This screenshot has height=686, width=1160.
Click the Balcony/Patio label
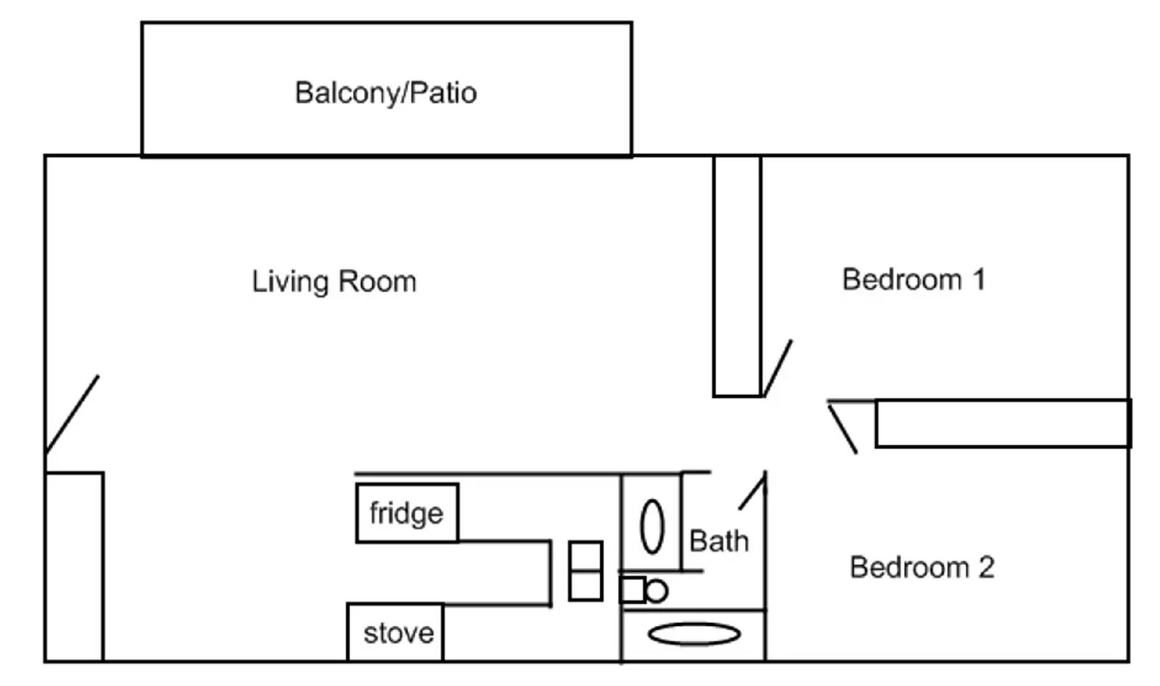coord(386,93)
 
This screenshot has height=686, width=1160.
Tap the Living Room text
coord(334,281)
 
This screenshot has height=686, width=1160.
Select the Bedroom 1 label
coord(913,279)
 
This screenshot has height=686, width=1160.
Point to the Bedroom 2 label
coord(921,567)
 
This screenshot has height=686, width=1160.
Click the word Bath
coord(718,541)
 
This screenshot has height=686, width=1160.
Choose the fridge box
coord(407,513)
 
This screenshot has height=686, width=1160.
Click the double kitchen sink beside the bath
coord(585,571)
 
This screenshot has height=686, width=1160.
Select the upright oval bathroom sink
coord(652,526)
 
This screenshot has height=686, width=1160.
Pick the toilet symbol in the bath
coord(644,590)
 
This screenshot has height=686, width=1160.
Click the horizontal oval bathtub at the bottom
coord(694,635)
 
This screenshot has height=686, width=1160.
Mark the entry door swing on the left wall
coord(72,414)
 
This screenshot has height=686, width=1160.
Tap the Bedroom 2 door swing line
coord(842,429)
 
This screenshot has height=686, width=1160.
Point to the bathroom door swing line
coord(753,491)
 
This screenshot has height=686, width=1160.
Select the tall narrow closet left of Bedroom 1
coord(737,276)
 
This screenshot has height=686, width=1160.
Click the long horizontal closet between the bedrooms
coord(1003,423)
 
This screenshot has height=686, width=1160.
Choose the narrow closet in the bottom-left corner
coord(74,566)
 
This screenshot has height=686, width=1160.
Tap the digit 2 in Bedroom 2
coord(986,567)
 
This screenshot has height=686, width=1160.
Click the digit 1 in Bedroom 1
coord(978,279)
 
